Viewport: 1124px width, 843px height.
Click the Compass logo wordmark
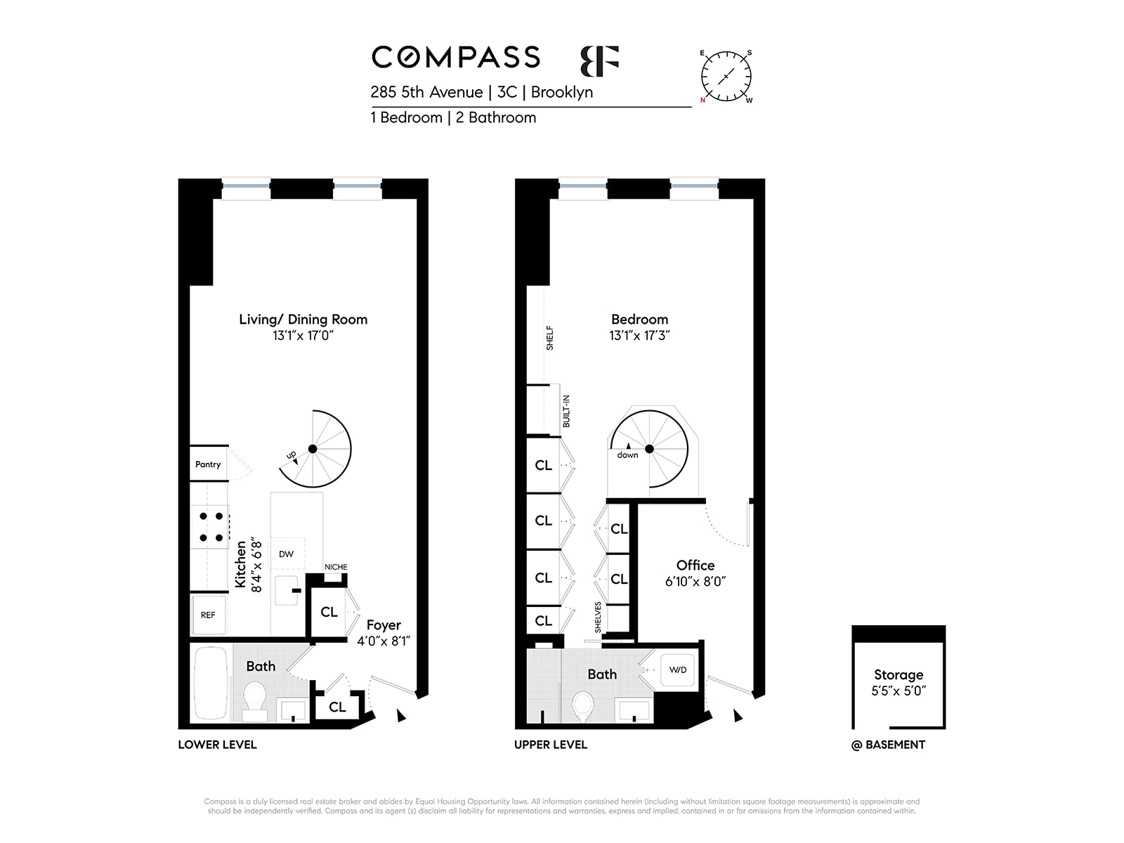pyautogui.click(x=455, y=57)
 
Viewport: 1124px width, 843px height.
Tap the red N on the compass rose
pyautogui.click(x=702, y=100)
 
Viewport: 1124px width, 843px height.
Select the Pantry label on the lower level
pyautogui.click(x=208, y=464)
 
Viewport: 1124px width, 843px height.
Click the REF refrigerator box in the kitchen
pyautogui.click(x=208, y=615)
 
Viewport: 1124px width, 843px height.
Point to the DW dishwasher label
pyautogui.click(x=286, y=554)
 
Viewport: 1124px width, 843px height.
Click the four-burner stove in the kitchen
pyautogui.click(x=211, y=527)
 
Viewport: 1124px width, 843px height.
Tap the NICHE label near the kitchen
pyautogui.click(x=336, y=567)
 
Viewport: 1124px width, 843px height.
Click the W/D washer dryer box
pyautogui.click(x=678, y=670)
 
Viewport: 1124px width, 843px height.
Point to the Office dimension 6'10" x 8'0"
pyautogui.click(x=695, y=582)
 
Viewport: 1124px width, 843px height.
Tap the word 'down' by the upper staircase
pyautogui.click(x=628, y=455)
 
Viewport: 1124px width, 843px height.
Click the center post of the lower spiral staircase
pyautogui.click(x=313, y=449)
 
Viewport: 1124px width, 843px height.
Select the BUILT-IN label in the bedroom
pyautogui.click(x=566, y=411)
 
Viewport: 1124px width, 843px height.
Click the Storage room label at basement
pyautogui.click(x=898, y=674)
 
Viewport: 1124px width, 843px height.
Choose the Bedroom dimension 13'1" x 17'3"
pyautogui.click(x=639, y=335)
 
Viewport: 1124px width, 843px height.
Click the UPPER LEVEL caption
pyautogui.click(x=551, y=745)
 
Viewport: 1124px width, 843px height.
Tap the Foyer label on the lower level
pyautogui.click(x=384, y=625)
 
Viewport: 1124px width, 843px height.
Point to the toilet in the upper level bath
pyautogui.click(x=582, y=706)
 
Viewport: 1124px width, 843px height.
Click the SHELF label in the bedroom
pyautogui.click(x=549, y=338)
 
